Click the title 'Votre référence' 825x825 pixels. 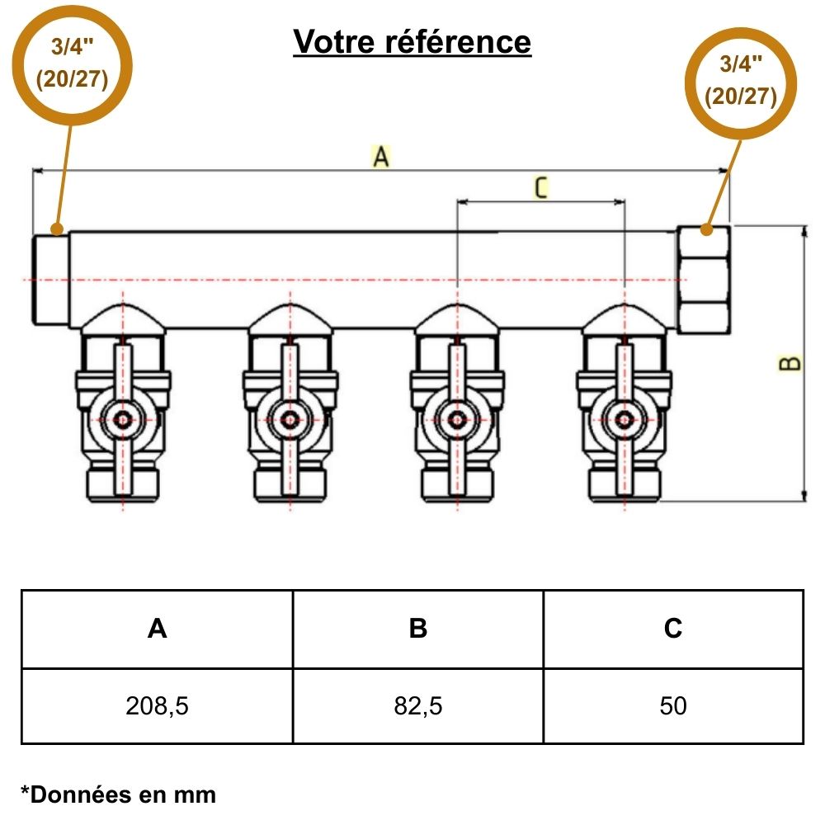[412, 41]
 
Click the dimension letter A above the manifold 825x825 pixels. [380, 156]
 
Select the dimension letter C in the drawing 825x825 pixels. [540, 188]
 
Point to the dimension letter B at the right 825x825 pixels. [790, 363]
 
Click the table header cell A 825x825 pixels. [157, 629]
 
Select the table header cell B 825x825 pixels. [418, 629]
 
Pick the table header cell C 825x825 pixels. [673, 629]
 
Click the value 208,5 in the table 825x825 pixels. [157, 706]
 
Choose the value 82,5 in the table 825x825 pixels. [418, 706]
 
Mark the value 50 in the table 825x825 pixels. [673, 706]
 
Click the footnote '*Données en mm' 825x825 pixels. [118, 794]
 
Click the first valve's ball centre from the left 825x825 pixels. [123, 419]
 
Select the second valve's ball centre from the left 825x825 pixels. [290, 419]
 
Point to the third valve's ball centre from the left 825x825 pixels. [456, 419]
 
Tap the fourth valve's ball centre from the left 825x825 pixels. [624, 419]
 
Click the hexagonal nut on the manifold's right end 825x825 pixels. [703, 280]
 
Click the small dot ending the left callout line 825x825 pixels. [56, 228]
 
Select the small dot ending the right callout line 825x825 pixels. [706, 229]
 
